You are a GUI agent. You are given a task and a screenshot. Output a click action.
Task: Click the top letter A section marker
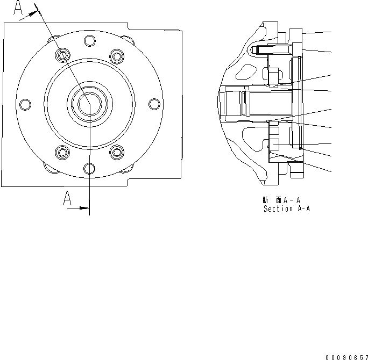19,8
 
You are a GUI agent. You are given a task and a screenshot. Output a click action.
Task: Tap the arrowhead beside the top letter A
33,14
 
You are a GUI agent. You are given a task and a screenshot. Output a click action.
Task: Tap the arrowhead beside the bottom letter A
83,207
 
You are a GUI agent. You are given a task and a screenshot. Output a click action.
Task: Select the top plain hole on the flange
89,40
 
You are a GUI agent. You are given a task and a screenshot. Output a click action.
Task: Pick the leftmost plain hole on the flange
24,104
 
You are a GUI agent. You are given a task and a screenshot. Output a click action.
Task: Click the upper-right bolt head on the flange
115,55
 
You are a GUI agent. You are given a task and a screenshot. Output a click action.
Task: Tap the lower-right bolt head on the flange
116,153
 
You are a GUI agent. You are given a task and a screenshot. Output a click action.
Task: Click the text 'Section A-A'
286,209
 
